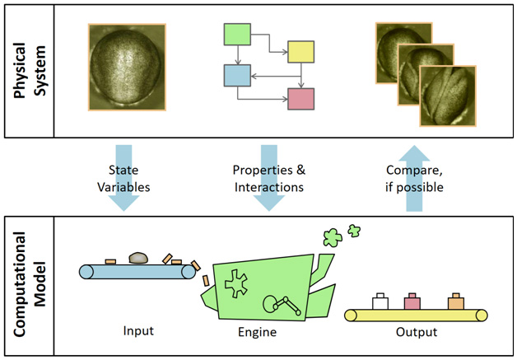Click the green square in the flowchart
tap(237, 35)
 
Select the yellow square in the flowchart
tap(299, 53)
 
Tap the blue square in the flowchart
tap(237, 76)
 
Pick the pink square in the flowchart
tap(300, 99)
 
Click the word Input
tap(137, 331)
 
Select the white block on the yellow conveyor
tap(380, 302)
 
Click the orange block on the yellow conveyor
tap(455, 302)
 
